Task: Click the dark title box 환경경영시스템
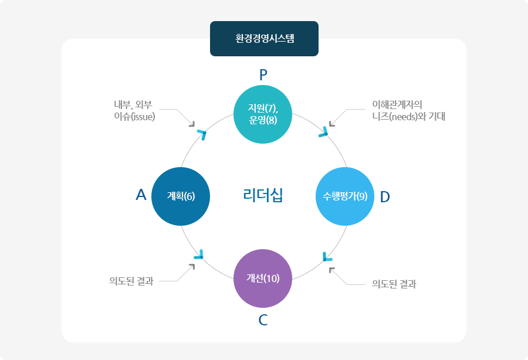264,39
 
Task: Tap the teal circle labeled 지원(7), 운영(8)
263,114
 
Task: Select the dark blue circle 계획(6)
181,196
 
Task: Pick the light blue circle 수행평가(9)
345,196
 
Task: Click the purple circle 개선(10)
263,279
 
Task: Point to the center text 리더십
263,195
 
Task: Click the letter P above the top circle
263,74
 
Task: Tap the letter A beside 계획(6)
141,195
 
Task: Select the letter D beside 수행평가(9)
385,196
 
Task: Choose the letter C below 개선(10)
263,320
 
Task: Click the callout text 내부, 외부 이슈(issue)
134,110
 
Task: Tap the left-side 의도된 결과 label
131,281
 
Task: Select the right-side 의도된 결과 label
394,284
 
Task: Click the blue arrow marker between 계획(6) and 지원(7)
202,134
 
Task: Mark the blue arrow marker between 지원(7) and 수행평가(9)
323,133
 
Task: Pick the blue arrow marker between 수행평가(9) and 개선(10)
327,256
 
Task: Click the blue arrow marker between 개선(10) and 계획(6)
199,255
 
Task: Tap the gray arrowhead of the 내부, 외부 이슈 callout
191,123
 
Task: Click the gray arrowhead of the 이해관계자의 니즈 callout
332,123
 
